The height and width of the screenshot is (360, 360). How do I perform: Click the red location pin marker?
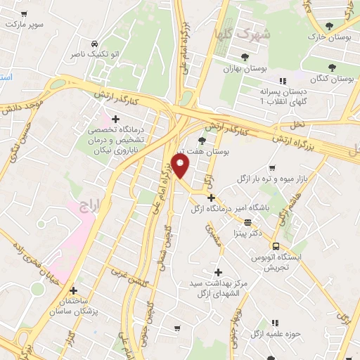click(x=182, y=167)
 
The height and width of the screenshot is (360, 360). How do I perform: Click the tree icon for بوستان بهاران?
click(x=245, y=57)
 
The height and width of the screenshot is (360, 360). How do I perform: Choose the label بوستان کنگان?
click(x=331, y=79)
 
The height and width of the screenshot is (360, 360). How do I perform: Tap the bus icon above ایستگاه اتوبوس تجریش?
click(x=276, y=246)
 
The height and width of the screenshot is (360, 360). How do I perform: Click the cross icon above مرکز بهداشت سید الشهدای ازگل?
click(x=217, y=272)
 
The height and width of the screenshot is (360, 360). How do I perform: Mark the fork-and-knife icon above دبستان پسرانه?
click(x=283, y=80)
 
